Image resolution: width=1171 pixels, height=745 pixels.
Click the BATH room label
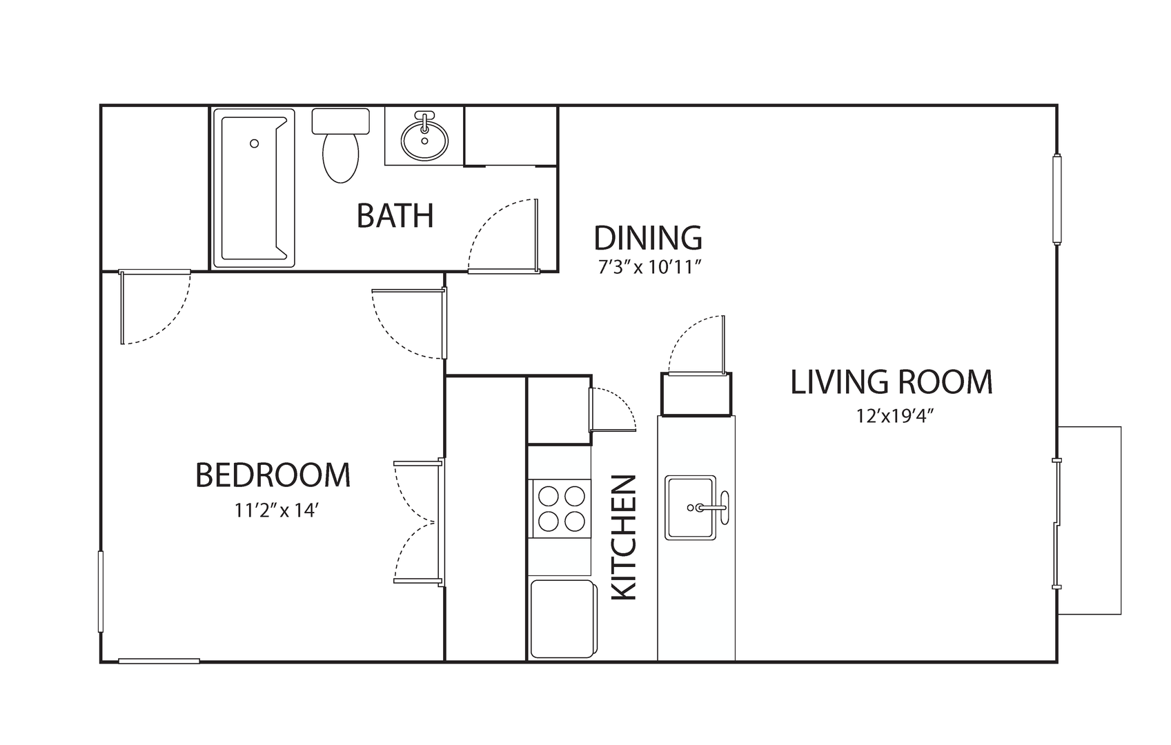pyautogui.click(x=395, y=216)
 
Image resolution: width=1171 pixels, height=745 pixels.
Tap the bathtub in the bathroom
pyautogui.click(x=254, y=188)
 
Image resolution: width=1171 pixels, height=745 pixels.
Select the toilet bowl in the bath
pyautogui.click(x=341, y=157)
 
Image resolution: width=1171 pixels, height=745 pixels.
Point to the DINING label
pyautogui.click(x=648, y=238)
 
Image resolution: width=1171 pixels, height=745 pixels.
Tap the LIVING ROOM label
pyautogui.click(x=892, y=382)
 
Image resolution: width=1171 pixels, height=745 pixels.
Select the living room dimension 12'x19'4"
pyautogui.click(x=895, y=416)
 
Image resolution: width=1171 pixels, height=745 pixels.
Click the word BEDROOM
pyautogui.click(x=273, y=475)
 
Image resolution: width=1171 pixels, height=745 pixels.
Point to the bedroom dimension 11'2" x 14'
pyautogui.click(x=276, y=510)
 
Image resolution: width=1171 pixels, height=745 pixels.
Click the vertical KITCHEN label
pyautogui.click(x=624, y=537)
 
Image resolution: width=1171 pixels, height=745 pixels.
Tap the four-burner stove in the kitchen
pyautogui.click(x=560, y=508)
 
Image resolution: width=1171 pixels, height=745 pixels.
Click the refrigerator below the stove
pyautogui.click(x=564, y=619)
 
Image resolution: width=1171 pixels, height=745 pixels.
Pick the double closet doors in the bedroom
pyautogui.click(x=418, y=522)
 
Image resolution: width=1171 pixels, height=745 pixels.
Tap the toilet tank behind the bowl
pyautogui.click(x=341, y=121)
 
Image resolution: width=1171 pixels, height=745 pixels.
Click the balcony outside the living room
pyautogui.click(x=1089, y=520)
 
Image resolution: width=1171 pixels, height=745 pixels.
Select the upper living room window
pyautogui.click(x=1057, y=199)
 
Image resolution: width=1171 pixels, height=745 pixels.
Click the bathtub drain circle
pyautogui.click(x=254, y=143)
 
